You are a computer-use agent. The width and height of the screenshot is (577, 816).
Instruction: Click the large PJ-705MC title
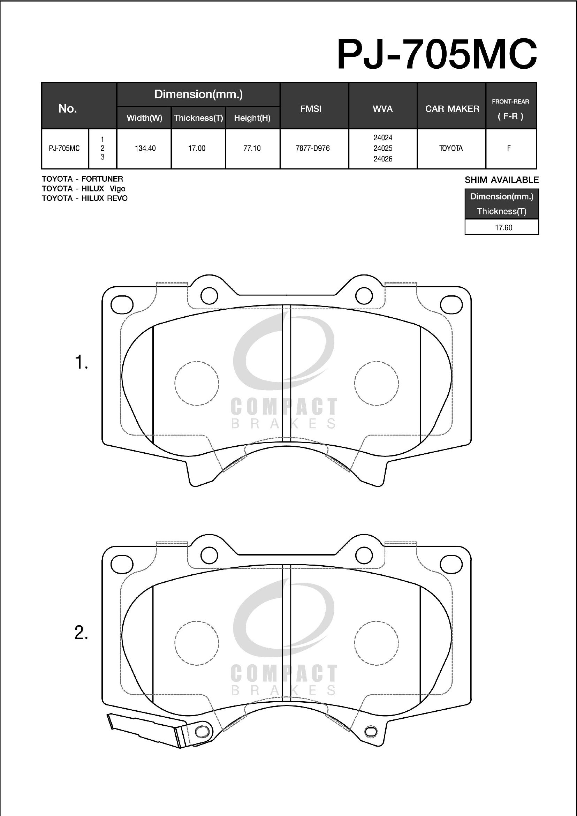pos(437,54)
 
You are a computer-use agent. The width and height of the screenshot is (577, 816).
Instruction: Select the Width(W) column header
pos(144,118)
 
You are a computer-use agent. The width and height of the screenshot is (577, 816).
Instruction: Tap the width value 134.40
pos(145,148)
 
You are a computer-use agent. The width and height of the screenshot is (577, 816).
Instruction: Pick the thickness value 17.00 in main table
pos(197,148)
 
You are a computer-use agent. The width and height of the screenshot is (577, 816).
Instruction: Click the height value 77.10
pos(252,148)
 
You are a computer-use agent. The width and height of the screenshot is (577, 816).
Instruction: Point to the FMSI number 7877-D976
pos(313,148)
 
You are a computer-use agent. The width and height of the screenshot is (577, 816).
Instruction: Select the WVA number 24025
pos(383,148)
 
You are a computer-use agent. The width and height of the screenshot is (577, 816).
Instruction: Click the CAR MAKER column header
pos(452,109)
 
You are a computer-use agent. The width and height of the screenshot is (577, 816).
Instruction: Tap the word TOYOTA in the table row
pos(451,148)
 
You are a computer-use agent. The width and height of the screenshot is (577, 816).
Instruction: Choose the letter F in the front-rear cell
pos(509,148)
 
